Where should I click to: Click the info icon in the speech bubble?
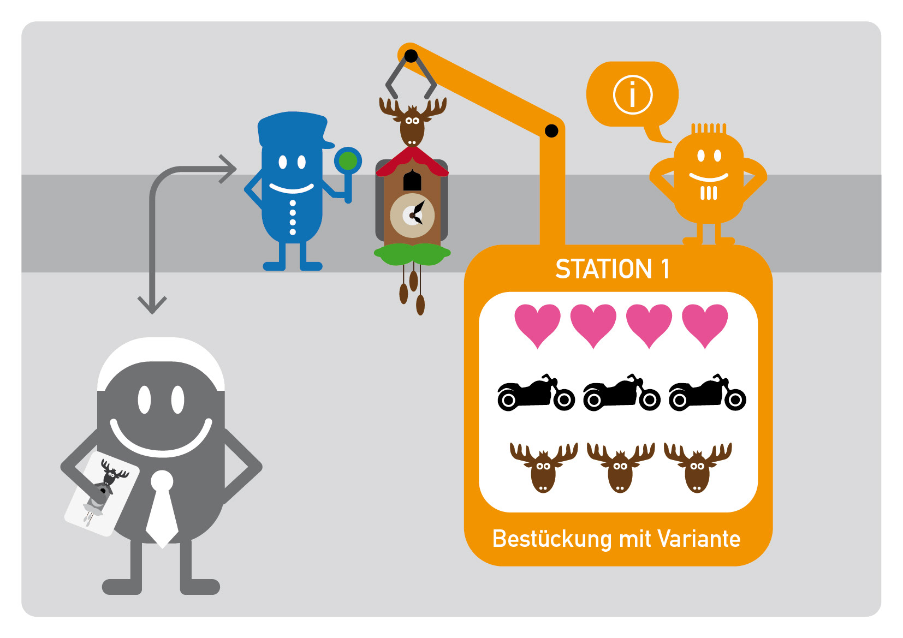[633, 95]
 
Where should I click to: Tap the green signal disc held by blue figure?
[348, 161]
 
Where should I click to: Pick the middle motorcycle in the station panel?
[621, 393]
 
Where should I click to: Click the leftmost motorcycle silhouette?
[536, 393]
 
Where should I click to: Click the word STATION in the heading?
[603, 269]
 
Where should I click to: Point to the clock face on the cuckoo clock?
[412, 216]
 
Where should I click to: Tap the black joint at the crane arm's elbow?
[551, 131]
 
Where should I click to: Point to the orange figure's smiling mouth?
[709, 177]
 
